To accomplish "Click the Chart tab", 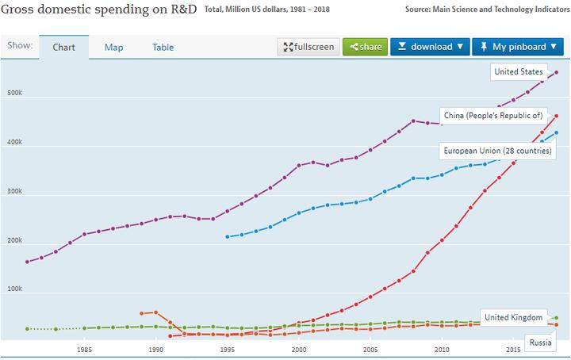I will [x=63, y=47].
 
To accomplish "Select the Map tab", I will [x=113, y=47].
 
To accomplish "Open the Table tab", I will [x=163, y=47].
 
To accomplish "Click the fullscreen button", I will [x=308, y=47].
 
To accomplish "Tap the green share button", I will [x=366, y=47].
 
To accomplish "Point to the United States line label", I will [x=518, y=72].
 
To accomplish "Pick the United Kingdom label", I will [x=513, y=317].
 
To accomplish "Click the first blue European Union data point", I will [x=228, y=236].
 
